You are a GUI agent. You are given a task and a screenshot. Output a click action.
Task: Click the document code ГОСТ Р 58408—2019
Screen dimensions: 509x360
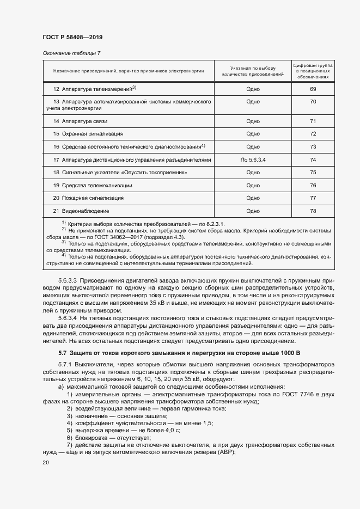click(x=72, y=37)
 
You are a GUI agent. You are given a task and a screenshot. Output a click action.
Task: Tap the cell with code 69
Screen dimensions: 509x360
click(x=313, y=89)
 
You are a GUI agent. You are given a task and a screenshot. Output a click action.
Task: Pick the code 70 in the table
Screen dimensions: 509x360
click(x=313, y=102)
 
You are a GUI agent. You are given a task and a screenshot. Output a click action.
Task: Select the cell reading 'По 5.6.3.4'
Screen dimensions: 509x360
click(x=253, y=160)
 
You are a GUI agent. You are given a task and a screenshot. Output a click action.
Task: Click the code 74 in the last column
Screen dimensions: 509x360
click(x=313, y=160)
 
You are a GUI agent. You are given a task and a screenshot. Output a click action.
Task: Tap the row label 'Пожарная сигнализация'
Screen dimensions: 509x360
click(x=88, y=198)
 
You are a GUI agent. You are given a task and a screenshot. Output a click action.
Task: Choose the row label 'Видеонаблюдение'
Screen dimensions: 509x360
click(x=81, y=211)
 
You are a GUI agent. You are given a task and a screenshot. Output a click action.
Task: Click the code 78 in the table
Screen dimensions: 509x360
click(x=313, y=211)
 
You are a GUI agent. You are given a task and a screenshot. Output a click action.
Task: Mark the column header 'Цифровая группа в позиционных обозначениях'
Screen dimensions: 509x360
click(x=313, y=70)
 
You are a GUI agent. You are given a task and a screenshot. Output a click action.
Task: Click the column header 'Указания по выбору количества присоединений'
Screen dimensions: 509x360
click(x=253, y=70)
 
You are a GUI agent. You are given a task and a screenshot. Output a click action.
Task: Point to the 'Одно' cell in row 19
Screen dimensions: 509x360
click(x=253, y=185)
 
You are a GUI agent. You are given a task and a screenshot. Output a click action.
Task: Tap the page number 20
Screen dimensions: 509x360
click(x=45, y=462)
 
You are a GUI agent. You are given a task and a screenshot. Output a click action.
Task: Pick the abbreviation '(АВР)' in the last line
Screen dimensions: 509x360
click(x=225, y=453)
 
